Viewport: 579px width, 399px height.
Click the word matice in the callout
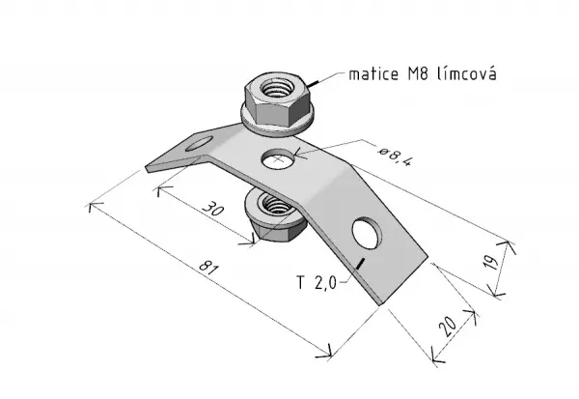pos(373,74)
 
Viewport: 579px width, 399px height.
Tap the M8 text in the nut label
pos(418,74)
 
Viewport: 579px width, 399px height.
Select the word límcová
pos(466,73)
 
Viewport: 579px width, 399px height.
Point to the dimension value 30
pos(213,209)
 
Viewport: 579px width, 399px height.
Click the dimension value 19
pos(491,263)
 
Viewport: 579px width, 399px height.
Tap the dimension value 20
pos(448,327)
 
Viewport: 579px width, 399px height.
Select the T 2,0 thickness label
pos(317,283)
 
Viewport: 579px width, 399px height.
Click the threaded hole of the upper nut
pos(275,88)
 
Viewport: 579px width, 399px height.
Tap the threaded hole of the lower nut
pos(273,204)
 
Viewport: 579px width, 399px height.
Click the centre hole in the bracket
pos(278,159)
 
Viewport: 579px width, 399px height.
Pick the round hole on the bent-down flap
pos(367,233)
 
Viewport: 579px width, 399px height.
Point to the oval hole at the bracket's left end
pos(200,144)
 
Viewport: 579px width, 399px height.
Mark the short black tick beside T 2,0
pos(360,264)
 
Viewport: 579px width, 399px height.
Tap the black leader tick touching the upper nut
pos(314,84)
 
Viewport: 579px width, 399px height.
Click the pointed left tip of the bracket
pos(147,168)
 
